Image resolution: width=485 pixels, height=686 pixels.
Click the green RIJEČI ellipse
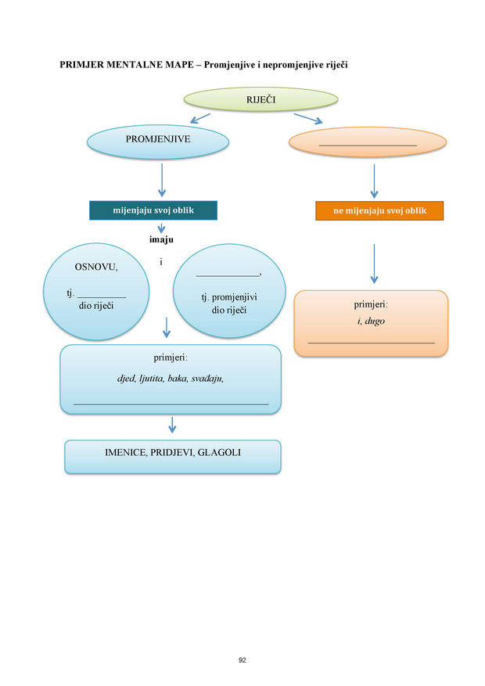[x=260, y=99]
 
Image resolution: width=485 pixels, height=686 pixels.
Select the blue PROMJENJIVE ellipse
[x=158, y=142]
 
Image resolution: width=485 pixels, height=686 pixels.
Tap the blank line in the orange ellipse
[x=368, y=145]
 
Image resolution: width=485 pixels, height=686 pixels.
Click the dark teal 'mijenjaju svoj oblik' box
[x=153, y=210]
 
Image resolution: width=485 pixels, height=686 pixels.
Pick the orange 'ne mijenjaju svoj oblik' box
[x=379, y=211]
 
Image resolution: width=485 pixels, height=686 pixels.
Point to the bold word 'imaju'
[x=161, y=239]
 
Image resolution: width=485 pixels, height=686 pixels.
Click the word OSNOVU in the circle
[x=96, y=267]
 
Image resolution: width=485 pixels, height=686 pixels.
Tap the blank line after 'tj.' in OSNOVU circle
[x=102, y=297]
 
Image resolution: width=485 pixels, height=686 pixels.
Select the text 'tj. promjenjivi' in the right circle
[x=229, y=297]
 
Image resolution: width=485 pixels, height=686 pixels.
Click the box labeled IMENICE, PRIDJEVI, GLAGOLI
[x=173, y=457]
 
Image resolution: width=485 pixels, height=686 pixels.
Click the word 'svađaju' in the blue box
[x=207, y=379]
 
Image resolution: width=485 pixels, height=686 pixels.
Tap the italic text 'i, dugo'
[x=371, y=321]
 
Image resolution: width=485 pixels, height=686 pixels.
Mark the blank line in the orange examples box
[x=372, y=343]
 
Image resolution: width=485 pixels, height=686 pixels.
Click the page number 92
[x=242, y=660]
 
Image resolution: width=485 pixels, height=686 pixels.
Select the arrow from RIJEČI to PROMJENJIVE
[x=200, y=119]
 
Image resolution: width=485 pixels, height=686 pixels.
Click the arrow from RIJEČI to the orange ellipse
[x=308, y=119]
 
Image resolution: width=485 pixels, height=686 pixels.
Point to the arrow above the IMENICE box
[x=172, y=425]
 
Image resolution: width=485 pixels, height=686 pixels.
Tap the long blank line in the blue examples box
[x=171, y=404]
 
